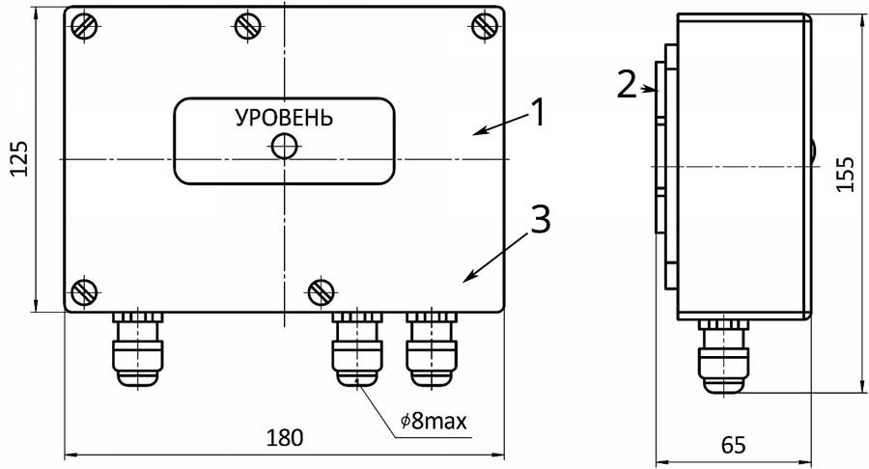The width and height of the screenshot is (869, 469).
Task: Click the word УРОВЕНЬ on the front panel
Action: click(284, 119)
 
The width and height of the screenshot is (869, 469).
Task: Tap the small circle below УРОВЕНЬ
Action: click(284, 147)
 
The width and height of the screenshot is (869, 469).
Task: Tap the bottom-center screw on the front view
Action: click(321, 289)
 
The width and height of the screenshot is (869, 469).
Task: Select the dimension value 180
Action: click(285, 437)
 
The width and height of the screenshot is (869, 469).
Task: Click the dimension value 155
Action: click(846, 175)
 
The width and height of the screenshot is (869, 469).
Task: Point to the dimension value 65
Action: click(733, 445)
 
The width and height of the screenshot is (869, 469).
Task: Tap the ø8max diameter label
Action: click(434, 422)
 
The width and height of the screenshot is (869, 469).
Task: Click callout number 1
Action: click(539, 113)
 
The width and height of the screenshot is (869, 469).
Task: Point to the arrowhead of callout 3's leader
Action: click(465, 281)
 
